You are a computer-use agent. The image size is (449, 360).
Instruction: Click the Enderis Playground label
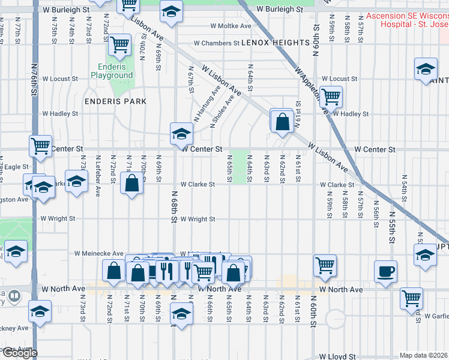(x=112, y=71)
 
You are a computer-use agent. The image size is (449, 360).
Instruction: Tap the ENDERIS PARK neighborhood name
(x=115, y=101)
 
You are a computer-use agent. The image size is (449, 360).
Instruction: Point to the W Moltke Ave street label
(x=231, y=26)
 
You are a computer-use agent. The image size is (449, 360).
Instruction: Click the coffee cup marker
(x=385, y=270)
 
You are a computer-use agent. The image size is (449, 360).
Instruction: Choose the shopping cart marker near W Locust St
(x=330, y=95)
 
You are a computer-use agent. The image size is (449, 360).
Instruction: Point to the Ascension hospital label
(x=407, y=20)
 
